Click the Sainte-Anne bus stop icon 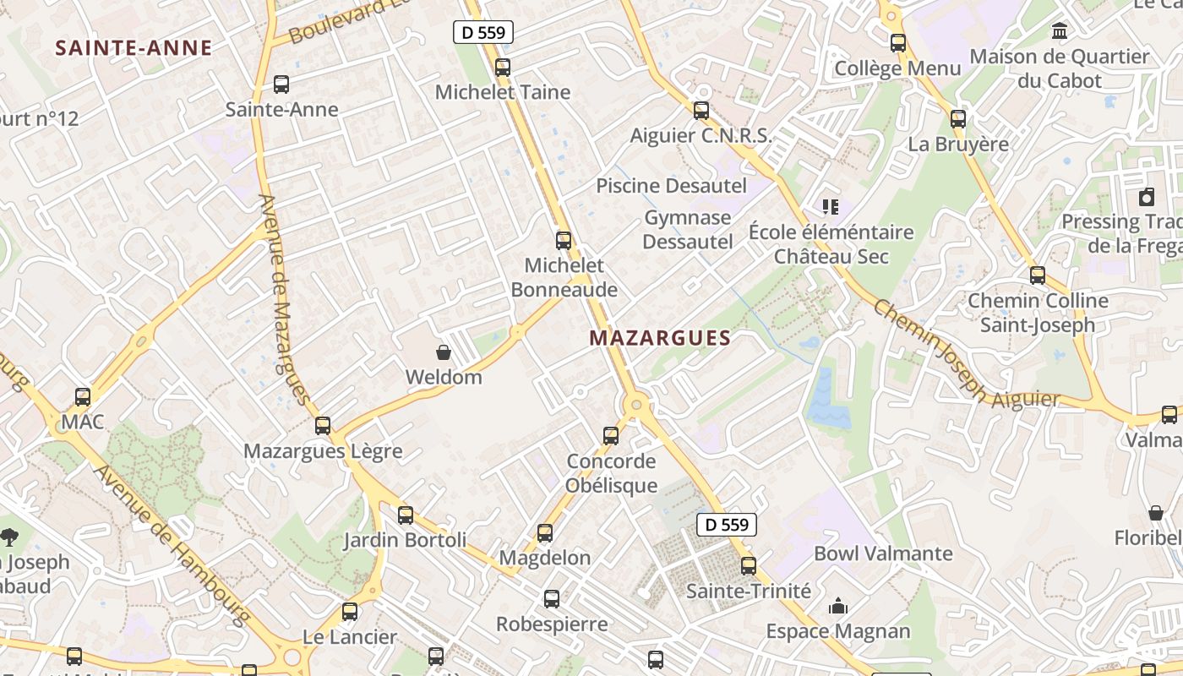281,84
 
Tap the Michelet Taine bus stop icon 503,68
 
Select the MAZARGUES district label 660,338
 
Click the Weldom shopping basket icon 444,352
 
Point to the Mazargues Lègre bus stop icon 323,426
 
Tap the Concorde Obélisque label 612,473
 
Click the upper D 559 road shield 483,33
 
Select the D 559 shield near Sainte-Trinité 727,525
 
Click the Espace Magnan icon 838,606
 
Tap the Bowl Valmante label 883,553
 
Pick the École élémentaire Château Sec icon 830,206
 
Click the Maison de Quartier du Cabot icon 1059,32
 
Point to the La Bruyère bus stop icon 958,119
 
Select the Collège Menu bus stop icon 898,43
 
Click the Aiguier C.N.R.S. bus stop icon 701,111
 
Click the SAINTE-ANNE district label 134,48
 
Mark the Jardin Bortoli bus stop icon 406,515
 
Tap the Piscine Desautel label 672,186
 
